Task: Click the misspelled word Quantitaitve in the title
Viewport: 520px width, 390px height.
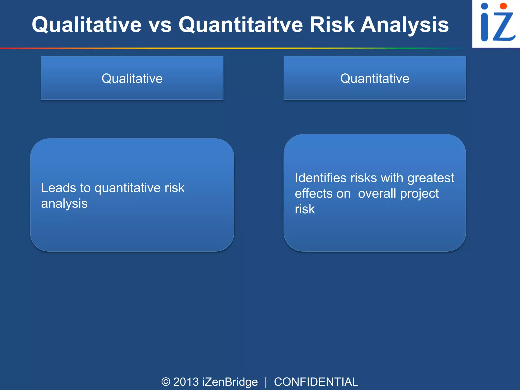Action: [241, 25]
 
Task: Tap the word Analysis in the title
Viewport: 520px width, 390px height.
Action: [405, 25]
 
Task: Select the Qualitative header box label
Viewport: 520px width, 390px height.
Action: [132, 78]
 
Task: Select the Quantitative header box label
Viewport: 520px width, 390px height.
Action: [375, 78]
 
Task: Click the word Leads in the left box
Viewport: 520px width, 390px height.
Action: [59, 188]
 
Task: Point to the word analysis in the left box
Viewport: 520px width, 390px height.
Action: [64, 204]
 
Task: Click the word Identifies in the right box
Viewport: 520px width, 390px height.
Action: [320, 178]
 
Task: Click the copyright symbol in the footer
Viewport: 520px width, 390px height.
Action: [166, 382]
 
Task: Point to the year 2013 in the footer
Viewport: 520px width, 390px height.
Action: [186, 382]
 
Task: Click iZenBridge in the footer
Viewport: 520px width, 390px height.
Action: [230, 382]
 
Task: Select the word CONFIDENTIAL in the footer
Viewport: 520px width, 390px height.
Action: [316, 382]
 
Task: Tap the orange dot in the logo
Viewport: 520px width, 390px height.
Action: [503, 6]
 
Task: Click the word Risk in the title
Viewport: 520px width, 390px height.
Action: [332, 25]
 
